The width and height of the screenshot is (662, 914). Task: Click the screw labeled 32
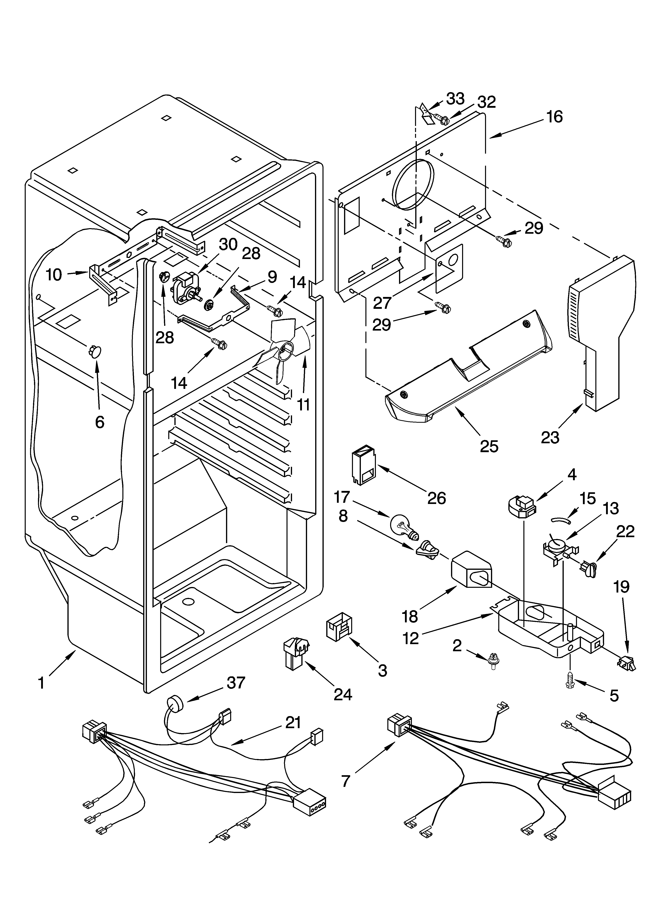[x=442, y=119]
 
